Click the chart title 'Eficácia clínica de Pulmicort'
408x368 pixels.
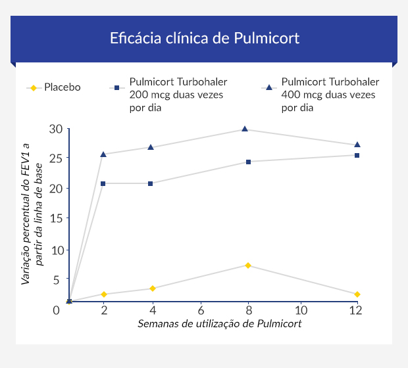(204, 38)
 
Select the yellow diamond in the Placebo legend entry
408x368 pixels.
(34, 87)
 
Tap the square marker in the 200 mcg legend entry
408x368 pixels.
(116, 87)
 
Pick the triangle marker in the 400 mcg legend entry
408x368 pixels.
(268, 87)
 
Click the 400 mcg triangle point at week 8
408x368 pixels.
(245, 129)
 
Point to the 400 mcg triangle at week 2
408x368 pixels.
(103, 154)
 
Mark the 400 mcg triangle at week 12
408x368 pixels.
(357, 145)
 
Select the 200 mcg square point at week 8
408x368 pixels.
(248, 162)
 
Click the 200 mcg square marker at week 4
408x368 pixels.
(151, 183)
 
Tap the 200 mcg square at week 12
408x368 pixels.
(357, 155)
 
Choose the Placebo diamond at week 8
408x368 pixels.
(247, 265)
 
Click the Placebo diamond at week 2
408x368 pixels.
(103, 294)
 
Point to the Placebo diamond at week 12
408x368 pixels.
(357, 294)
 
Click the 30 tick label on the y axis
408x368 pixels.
(57, 129)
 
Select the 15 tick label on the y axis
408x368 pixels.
(57, 218)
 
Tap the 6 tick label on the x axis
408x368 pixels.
(201, 310)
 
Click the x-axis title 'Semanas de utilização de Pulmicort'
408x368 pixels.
(220, 324)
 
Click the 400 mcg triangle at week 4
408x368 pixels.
(151, 147)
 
